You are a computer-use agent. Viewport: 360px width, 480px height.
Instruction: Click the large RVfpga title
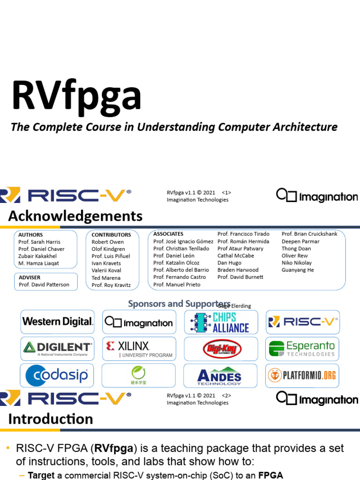click(76, 95)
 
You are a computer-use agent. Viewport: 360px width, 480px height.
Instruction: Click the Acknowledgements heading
click(75, 216)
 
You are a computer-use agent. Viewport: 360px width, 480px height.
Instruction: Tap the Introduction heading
click(51, 419)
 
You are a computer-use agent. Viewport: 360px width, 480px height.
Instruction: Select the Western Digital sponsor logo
click(58, 322)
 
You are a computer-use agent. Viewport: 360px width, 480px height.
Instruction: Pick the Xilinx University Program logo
click(139, 349)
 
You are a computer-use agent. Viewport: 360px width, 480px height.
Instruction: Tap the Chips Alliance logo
click(221, 322)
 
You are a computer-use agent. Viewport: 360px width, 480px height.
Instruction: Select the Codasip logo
click(58, 375)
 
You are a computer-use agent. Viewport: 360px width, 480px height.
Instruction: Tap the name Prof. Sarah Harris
click(39, 242)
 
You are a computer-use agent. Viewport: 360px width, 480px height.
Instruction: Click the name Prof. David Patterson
click(44, 285)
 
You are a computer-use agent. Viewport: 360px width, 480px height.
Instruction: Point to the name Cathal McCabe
click(235, 255)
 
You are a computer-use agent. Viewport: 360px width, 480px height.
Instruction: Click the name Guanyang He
click(298, 270)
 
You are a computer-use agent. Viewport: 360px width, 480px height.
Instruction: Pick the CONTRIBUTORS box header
click(111, 234)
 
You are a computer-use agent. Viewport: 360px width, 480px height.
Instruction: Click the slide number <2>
click(226, 395)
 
